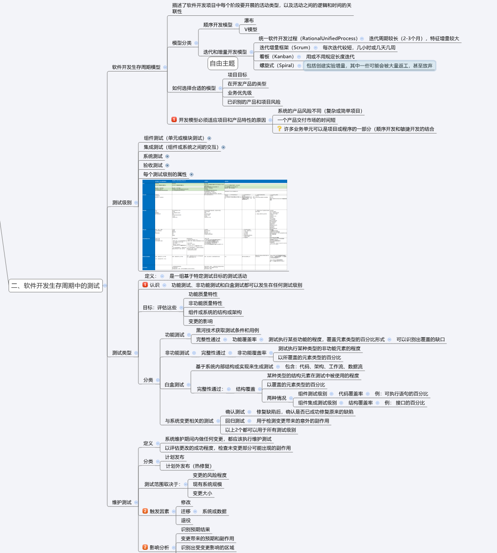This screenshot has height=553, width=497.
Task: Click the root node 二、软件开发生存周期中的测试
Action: point(56,286)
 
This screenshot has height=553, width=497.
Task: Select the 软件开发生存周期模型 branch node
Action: point(136,67)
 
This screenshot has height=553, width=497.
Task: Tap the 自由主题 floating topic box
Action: point(222,63)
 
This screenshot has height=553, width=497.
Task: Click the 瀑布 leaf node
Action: point(249,20)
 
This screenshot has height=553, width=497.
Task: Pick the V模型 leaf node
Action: point(251,29)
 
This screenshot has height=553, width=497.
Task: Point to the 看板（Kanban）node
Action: point(277,57)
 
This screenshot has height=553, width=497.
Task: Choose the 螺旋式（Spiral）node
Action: point(277,66)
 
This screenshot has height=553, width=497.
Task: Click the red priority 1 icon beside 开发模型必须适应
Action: point(174,120)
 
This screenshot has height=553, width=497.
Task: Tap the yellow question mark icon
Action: point(279,129)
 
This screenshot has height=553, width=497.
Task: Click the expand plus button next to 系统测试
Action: point(167,156)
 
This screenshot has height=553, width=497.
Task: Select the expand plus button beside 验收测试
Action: point(167,165)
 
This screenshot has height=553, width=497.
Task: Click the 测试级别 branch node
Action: point(122,203)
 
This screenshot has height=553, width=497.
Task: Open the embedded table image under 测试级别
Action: point(215,225)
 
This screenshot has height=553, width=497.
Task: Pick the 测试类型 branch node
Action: point(122,353)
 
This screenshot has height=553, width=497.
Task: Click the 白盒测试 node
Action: point(174,385)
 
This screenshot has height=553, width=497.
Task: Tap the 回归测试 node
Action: point(235,421)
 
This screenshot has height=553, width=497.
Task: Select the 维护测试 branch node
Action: point(122,502)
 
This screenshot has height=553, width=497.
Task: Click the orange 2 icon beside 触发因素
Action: point(145,511)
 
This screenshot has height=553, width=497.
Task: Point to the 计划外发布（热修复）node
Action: point(188,466)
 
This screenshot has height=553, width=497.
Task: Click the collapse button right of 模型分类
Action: point(196,43)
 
